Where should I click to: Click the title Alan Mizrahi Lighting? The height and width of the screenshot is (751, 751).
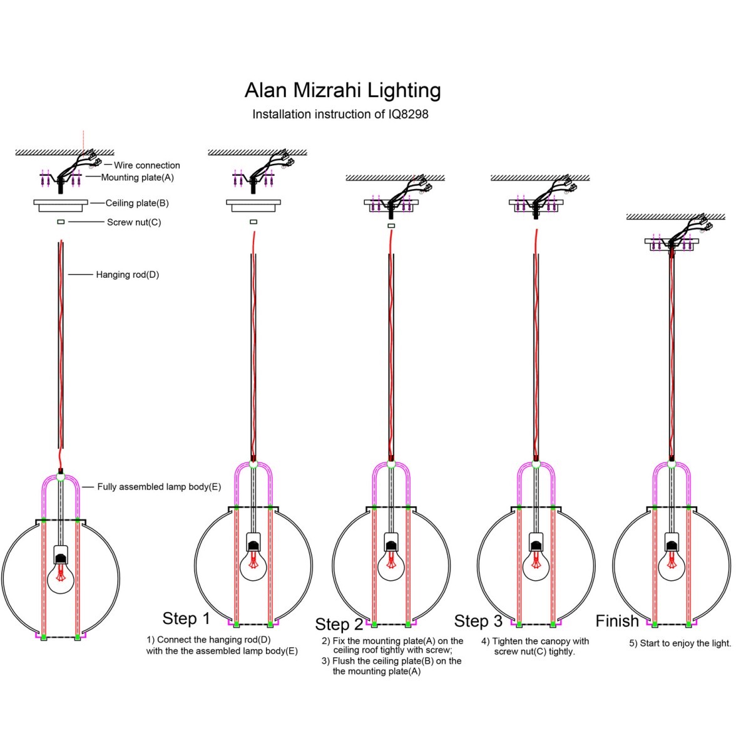[342, 90]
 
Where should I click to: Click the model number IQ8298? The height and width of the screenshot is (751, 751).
[408, 114]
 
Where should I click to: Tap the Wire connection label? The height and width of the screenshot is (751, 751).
[147, 165]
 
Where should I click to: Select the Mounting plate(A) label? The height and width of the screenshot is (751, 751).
[138, 178]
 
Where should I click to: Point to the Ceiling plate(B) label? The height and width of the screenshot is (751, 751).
[137, 203]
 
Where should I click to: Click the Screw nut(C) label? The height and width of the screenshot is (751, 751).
[134, 222]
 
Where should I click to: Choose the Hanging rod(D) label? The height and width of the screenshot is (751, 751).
[128, 275]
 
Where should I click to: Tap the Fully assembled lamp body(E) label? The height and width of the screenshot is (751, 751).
[159, 487]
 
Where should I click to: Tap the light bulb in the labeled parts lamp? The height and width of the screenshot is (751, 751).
[61, 578]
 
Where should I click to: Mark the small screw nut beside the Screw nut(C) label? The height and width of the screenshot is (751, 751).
[61, 222]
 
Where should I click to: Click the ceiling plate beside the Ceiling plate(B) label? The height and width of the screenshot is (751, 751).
[61, 206]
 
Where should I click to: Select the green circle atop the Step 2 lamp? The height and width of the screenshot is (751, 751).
[391, 464]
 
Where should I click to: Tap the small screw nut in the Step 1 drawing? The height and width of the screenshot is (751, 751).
[253, 222]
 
